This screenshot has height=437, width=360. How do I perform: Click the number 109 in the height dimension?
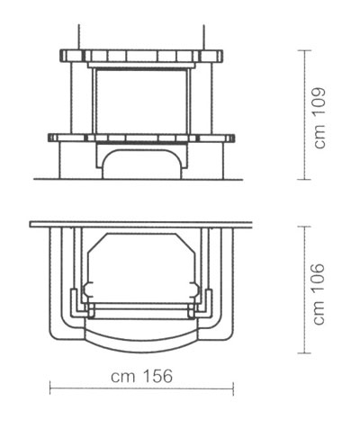319,102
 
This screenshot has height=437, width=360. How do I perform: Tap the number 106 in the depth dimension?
319,279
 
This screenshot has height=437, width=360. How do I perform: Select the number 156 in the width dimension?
158,376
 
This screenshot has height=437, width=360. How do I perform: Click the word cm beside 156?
122,378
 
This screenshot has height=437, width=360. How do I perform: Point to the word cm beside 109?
320,137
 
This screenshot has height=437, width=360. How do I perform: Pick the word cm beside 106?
320,314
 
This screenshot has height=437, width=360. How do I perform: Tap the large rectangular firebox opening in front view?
141,102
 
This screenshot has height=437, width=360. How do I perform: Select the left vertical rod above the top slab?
79,37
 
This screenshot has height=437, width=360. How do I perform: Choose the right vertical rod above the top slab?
204,37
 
